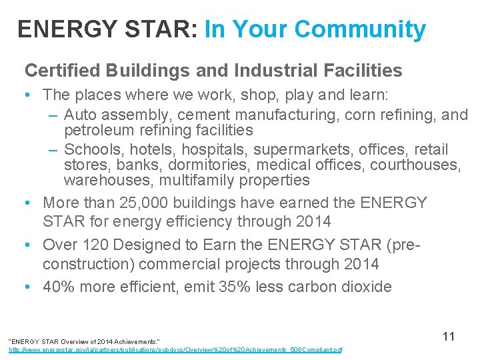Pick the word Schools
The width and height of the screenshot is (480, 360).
tap(93, 149)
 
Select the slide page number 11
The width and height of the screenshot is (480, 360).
tap(449, 337)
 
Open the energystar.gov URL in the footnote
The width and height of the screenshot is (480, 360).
tap(175, 349)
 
